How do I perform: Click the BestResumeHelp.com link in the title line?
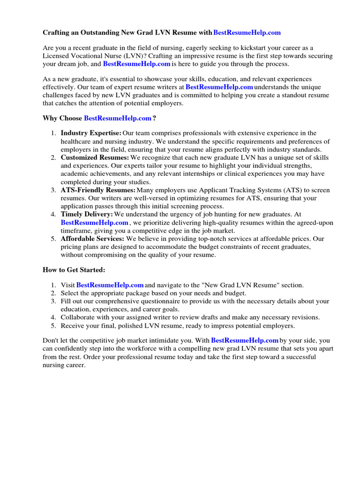[247, 32]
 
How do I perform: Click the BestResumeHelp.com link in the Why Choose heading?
[118, 118]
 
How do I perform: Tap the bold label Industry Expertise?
[91, 134]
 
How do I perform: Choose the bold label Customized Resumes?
[95, 157]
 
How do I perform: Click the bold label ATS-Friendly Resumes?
[98, 190]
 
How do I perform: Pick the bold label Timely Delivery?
[87, 214]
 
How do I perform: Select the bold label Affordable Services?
[92, 239]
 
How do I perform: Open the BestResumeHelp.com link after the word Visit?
[110, 285]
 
